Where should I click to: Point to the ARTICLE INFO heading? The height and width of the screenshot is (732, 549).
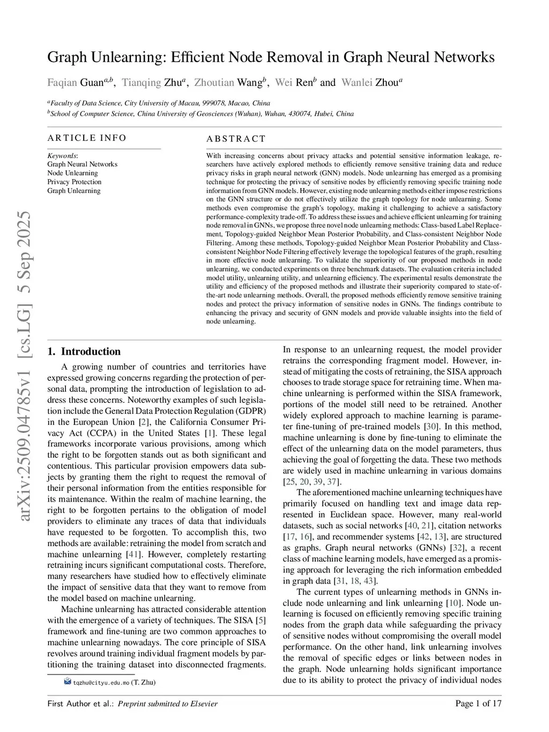[87, 138]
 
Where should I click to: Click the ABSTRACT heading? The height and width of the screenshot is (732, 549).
[236, 139]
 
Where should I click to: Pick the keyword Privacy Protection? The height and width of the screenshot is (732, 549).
[74, 182]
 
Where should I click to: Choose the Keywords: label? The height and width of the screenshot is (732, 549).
[62, 155]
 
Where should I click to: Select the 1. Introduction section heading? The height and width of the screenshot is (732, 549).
[84, 352]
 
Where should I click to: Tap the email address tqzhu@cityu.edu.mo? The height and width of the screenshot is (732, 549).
[101, 683]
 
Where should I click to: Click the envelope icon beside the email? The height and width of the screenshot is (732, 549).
[68, 682]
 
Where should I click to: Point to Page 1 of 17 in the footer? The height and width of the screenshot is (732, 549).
[478, 704]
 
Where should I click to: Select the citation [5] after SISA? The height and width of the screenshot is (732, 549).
[261, 621]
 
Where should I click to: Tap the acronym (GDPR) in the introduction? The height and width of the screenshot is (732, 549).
[249, 410]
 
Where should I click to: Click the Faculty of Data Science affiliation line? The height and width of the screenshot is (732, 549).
[159, 103]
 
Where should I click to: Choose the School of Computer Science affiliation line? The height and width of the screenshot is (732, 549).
[201, 114]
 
